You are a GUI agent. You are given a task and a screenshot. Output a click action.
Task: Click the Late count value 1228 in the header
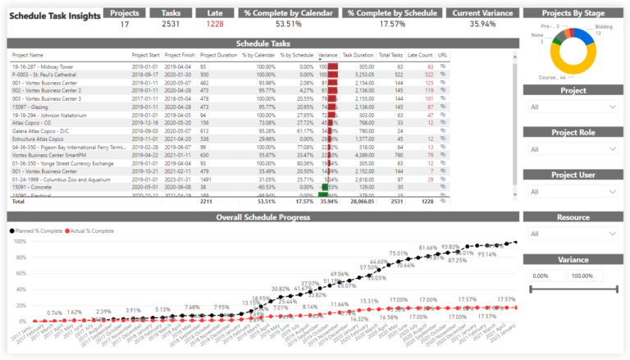214,24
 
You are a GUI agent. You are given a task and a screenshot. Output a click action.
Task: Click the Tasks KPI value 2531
171,24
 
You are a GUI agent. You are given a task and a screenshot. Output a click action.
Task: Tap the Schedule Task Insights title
53,15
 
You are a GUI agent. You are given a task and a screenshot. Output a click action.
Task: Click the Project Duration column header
217,55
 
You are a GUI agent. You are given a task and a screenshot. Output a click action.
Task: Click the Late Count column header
420,55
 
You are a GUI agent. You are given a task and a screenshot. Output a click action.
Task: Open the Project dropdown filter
573,107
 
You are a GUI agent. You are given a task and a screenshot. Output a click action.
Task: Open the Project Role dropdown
573,149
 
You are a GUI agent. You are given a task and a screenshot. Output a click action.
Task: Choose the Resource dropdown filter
573,234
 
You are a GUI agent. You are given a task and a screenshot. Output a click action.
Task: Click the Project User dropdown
573,192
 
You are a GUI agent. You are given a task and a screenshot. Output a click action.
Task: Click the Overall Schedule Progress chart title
262,217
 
